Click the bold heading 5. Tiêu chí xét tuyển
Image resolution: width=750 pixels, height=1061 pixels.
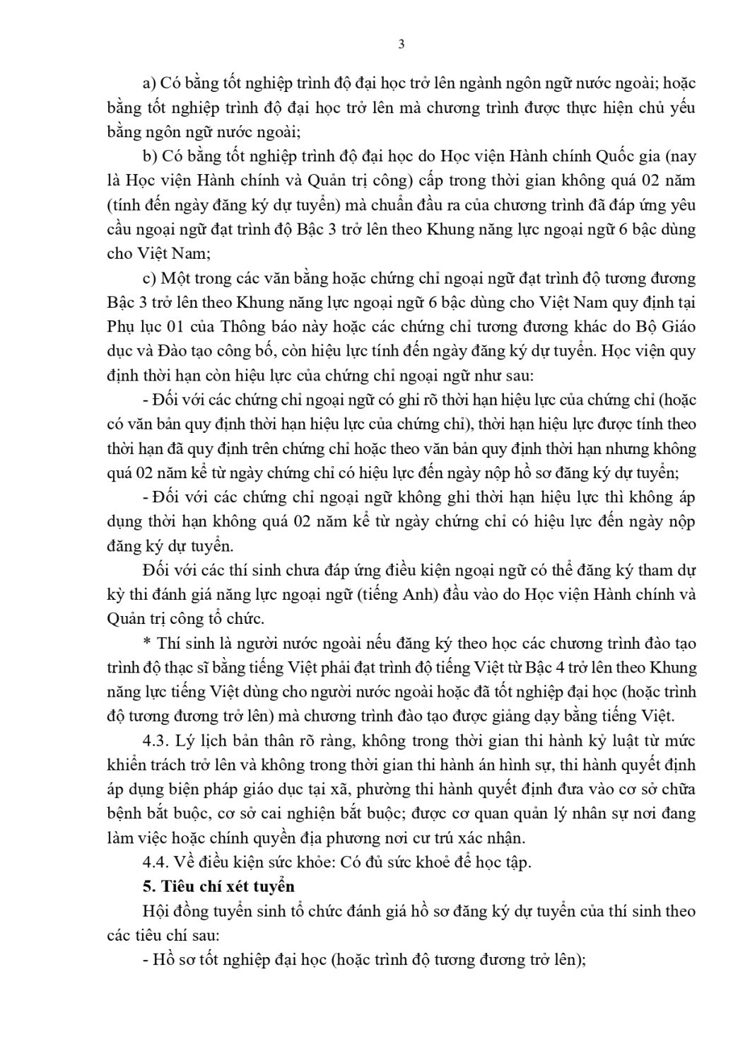pos(218,886)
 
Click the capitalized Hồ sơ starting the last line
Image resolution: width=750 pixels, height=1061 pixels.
pos(174,960)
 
